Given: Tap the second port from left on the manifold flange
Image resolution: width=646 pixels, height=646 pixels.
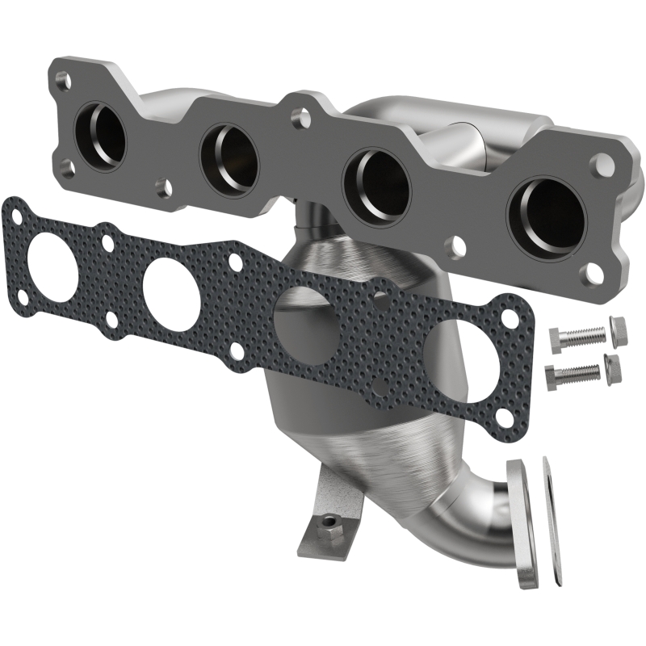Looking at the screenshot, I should coord(229,153).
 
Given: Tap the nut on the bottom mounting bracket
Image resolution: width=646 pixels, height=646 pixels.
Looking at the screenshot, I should coord(329,523).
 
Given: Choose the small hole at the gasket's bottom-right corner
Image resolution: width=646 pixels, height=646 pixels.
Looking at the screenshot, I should coord(505,417).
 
